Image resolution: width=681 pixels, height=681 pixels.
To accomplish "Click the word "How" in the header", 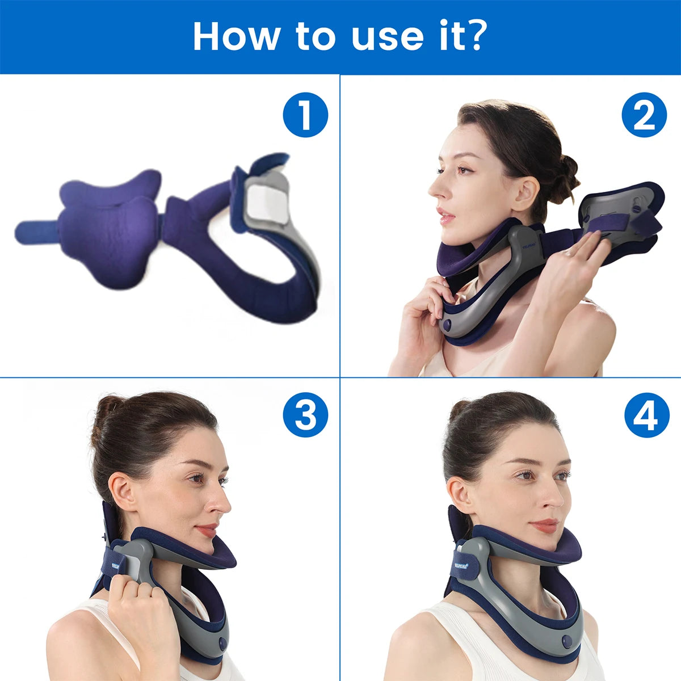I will tap(236, 36).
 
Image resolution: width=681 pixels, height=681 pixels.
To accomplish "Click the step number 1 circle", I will tap(305, 115).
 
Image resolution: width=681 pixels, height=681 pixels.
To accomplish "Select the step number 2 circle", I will tap(644, 115).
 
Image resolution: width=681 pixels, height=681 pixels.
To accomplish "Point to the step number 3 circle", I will tap(305, 415).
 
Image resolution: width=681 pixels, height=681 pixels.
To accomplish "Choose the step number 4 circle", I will tap(647, 415).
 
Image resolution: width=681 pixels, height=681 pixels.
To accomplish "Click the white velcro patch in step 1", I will tap(266, 203).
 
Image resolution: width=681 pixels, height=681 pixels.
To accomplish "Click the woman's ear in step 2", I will tap(526, 193).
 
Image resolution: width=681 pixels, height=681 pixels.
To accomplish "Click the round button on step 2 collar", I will tap(447, 326).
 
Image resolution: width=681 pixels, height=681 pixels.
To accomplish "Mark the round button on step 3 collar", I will tap(222, 644).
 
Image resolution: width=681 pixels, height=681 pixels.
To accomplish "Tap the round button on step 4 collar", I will tap(566, 641).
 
